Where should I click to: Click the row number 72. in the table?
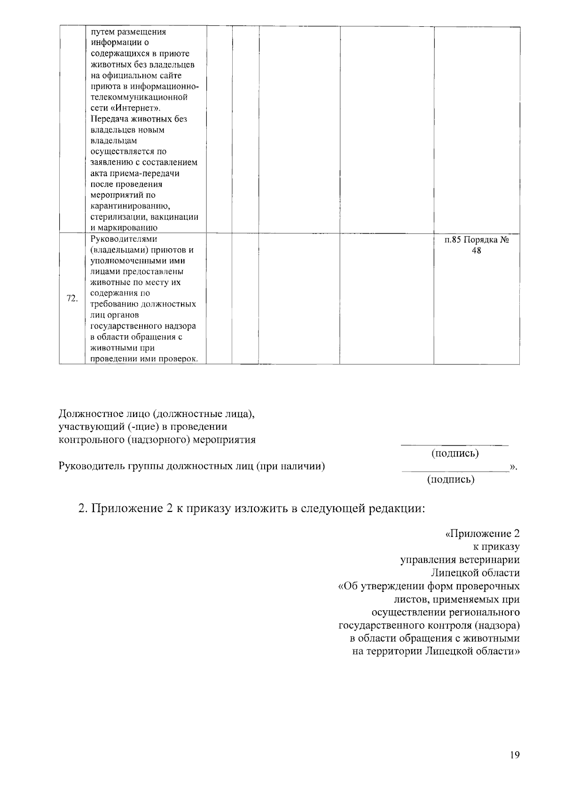coord(72,299)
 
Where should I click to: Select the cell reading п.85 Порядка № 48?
coord(477,245)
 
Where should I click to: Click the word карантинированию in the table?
coord(130,206)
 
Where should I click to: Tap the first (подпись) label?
coord(455,453)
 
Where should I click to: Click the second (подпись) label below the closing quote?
coord(450,479)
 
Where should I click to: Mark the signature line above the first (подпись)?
coord(454,444)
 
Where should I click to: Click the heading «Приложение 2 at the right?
coord(482,534)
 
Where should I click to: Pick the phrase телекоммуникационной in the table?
coord(139,97)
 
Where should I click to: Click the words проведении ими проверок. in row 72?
coord(144,359)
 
